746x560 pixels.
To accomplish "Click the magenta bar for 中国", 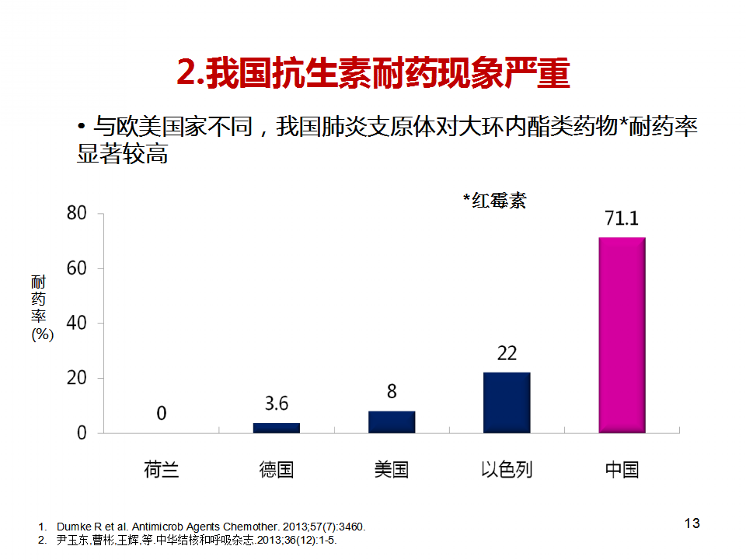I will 622,334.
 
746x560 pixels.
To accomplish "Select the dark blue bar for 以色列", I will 507,402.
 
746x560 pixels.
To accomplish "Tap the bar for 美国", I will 392,422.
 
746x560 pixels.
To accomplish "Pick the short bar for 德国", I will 276,428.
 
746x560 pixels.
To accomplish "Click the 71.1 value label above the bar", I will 622,219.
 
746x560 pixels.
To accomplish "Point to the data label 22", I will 507,354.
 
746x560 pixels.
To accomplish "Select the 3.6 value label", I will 276,404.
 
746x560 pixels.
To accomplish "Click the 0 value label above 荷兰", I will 161,413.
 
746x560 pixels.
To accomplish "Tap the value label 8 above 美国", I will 392,391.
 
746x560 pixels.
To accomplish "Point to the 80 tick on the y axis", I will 76,213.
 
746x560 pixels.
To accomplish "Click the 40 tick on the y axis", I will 76,323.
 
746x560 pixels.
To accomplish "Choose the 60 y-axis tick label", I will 76,268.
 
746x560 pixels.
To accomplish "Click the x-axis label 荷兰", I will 161,469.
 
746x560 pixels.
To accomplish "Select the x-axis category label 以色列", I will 507,469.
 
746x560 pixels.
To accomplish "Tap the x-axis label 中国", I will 622,469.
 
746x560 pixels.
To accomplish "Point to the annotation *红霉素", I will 494,200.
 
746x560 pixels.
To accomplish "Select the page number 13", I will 692,523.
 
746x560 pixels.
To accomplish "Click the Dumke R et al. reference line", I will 210,527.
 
